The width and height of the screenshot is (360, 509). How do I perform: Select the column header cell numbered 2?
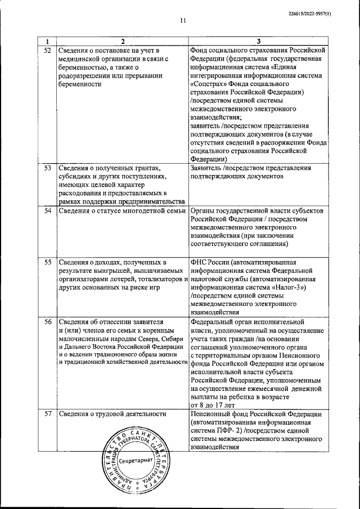tap(121, 41)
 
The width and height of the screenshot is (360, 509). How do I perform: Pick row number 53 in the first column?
tap(48, 168)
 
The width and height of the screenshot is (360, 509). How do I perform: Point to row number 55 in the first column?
tap(48, 262)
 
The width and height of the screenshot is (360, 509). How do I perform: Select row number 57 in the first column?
tap(48, 415)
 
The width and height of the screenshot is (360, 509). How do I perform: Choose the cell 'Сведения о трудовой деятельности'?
tap(112, 415)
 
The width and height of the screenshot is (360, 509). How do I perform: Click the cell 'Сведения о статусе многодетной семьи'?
tap(121, 210)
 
